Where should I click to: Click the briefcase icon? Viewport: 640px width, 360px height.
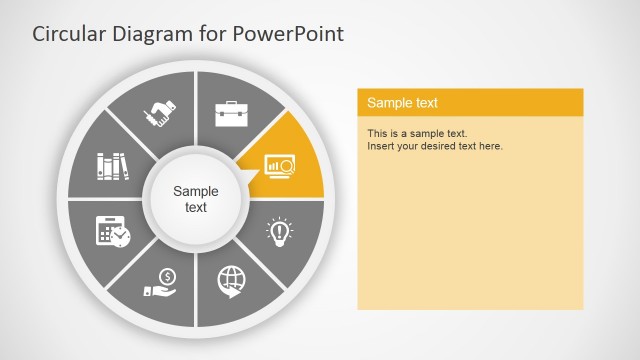pyautogui.click(x=231, y=112)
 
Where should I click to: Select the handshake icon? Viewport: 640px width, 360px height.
pyautogui.click(x=161, y=113)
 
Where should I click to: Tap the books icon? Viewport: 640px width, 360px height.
pyautogui.click(x=113, y=165)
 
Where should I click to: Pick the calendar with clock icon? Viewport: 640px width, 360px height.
pyautogui.click(x=112, y=231)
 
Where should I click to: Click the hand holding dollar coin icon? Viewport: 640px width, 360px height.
pyautogui.click(x=163, y=282)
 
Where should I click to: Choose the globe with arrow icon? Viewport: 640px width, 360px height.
pyautogui.click(x=231, y=282)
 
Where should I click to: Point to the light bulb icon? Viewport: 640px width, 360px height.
pyautogui.click(x=279, y=232)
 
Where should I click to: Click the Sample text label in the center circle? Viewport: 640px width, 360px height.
pyautogui.click(x=195, y=199)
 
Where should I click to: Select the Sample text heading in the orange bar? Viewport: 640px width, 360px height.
pyautogui.click(x=402, y=103)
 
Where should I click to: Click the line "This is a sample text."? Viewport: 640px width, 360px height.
pyautogui.click(x=417, y=133)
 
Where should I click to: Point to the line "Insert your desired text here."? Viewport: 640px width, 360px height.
pyautogui.click(x=435, y=146)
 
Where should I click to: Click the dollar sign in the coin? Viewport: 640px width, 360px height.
pyautogui.click(x=168, y=276)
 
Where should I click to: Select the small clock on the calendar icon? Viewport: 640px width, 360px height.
pyautogui.click(x=120, y=237)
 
